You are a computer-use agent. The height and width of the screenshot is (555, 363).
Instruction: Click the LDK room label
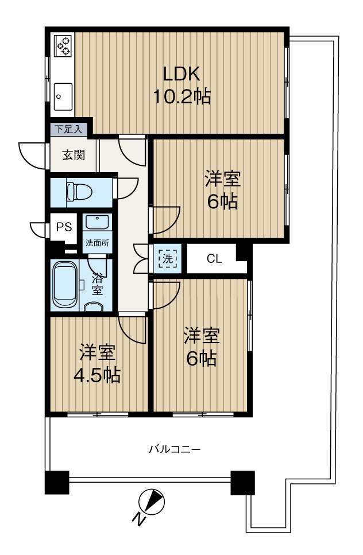coord(181,74)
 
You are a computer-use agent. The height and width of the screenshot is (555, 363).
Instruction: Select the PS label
coord(64,226)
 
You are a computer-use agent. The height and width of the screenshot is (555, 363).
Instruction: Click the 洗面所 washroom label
coord(96,243)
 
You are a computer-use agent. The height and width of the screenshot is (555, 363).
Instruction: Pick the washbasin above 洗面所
coord(96,222)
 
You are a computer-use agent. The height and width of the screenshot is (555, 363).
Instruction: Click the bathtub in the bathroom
coord(65,285)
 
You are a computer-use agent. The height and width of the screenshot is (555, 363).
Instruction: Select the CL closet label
coord(214,259)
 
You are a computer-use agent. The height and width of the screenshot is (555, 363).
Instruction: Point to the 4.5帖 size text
coord(96,376)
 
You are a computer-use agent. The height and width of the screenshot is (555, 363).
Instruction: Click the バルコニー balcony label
coord(175,449)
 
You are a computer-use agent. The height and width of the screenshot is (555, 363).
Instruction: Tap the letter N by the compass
coord(138,519)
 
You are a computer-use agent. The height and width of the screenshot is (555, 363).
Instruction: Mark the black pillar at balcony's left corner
coord(57,482)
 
